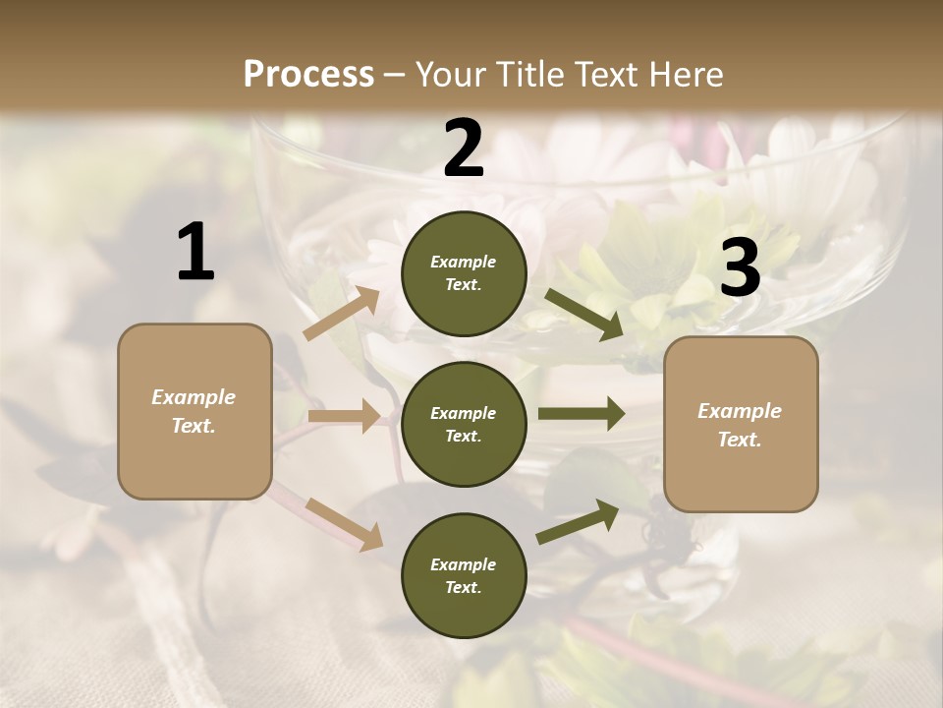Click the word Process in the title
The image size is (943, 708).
308,74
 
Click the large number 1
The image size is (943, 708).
195,253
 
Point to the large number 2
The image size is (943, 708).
464,148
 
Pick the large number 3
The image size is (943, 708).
740,268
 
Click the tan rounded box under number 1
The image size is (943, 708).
194,411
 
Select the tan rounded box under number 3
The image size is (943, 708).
741,424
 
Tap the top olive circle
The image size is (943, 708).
464,273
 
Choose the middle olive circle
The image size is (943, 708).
464,424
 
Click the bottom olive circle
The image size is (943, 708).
464,575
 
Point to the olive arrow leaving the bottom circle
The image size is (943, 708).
579,521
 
